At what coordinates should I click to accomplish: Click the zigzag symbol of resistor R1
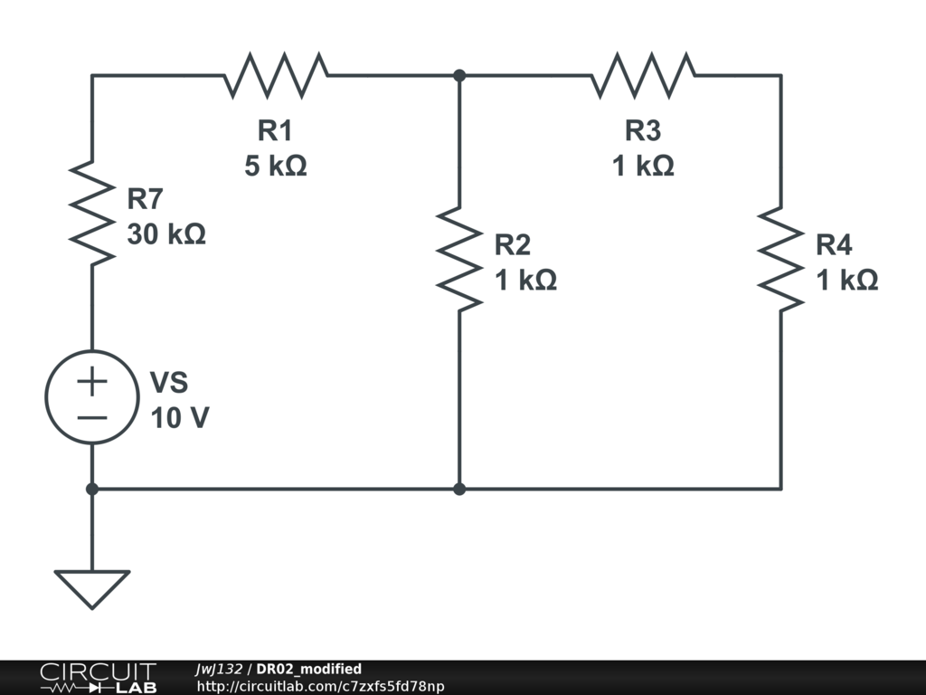pyautogui.click(x=276, y=75)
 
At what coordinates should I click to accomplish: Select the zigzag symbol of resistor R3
pyautogui.click(x=643, y=75)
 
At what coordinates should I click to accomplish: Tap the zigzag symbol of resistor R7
pyautogui.click(x=92, y=213)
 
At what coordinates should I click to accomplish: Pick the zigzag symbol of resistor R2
pyautogui.click(x=459, y=259)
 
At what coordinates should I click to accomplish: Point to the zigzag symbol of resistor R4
pyautogui.click(x=780, y=259)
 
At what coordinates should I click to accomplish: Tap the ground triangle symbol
pyautogui.click(x=92, y=589)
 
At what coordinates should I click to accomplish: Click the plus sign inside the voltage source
pyautogui.click(x=92, y=381)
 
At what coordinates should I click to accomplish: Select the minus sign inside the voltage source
pyautogui.click(x=92, y=418)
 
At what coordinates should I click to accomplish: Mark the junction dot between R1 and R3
pyautogui.click(x=459, y=76)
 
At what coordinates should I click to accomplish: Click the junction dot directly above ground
pyautogui.click(x=92, y=490)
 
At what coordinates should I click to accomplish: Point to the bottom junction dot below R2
pyautogui.click(x=459, y=490)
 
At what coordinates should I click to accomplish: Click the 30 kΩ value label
pyautogui.click(x=166, y=234)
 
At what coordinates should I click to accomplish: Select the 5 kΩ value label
pyautogui.click(x=276, y=166)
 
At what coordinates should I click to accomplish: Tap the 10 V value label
pyautogui.click(x=180, y=418)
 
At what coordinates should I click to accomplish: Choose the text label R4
pyautogui.click(x=834, y=244)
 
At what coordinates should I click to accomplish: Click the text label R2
pyautogui.click(x=513, y=244)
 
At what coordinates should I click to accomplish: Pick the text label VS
pyautogui.click(x=169, y=383)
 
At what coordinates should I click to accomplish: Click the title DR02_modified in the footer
pyautogui.click(x=309, y=669)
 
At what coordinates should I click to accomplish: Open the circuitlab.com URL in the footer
pyautogui.click(x=320, y=686)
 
